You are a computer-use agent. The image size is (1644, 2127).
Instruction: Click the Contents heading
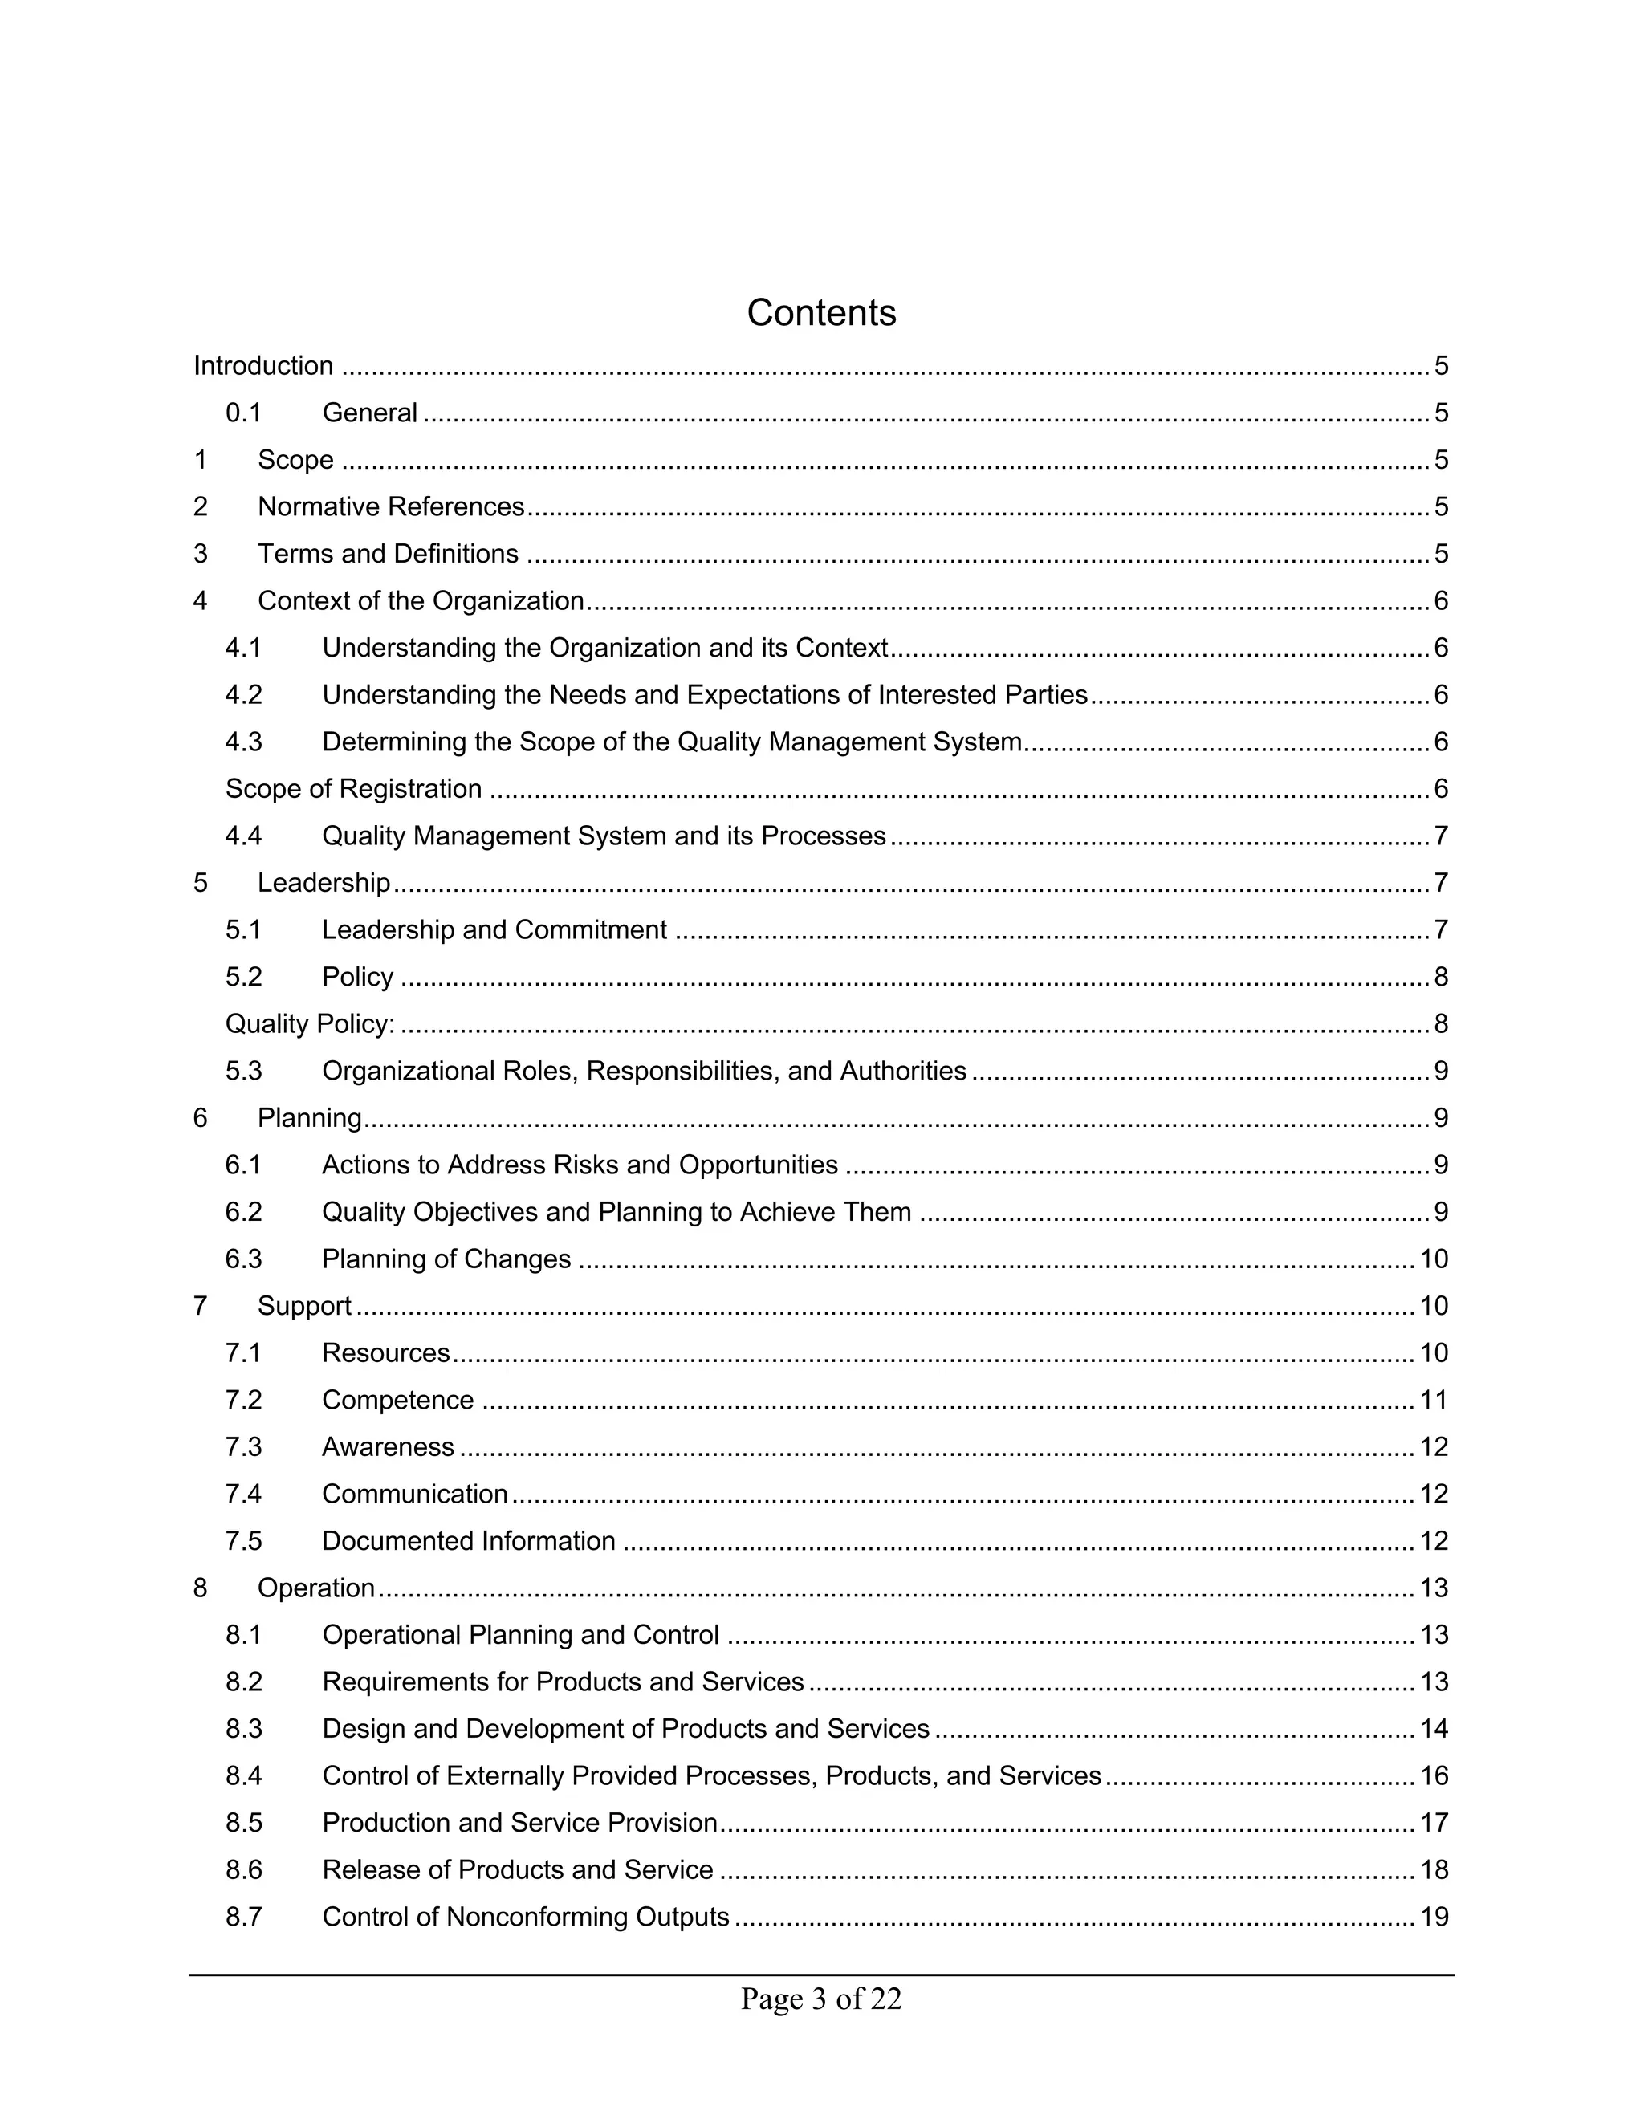coord(821,312)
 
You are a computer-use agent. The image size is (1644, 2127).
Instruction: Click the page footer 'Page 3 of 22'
coord(821,1999)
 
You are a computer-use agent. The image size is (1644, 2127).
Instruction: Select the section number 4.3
coord(243,742)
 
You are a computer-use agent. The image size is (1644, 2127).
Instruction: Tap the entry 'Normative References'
coord(391,506)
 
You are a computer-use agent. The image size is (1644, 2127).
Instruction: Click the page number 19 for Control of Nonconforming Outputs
coord(1434,1917)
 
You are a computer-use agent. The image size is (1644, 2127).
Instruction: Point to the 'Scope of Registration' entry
coord(353,789)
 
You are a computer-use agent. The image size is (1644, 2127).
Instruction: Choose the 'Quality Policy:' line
coord(310,1023)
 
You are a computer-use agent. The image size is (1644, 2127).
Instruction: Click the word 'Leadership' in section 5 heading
coord(324,882)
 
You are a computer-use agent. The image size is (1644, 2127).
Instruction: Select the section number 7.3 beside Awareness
coord(243,1446)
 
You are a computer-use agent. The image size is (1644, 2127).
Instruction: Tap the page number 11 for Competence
coord(1434,1400)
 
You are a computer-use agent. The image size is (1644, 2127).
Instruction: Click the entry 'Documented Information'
coord(469,1541)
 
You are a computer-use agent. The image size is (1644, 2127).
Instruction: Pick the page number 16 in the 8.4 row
coord(1434,1775)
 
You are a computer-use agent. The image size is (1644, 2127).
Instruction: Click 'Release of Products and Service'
coord(517,1870)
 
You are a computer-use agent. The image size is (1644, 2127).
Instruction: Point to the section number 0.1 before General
coord(243,413)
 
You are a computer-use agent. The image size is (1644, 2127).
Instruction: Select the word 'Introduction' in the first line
coord(263,366)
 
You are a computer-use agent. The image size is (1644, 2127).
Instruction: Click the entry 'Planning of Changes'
coord(446,1259)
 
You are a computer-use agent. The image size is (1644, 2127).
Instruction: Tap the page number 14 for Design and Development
coord(1434,1729)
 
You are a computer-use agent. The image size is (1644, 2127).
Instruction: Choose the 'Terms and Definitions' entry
coord(388,554)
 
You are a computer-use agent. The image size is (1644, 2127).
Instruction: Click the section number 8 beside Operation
coord(201,1588)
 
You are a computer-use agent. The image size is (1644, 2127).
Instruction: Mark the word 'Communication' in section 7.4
coord(415,1494)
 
